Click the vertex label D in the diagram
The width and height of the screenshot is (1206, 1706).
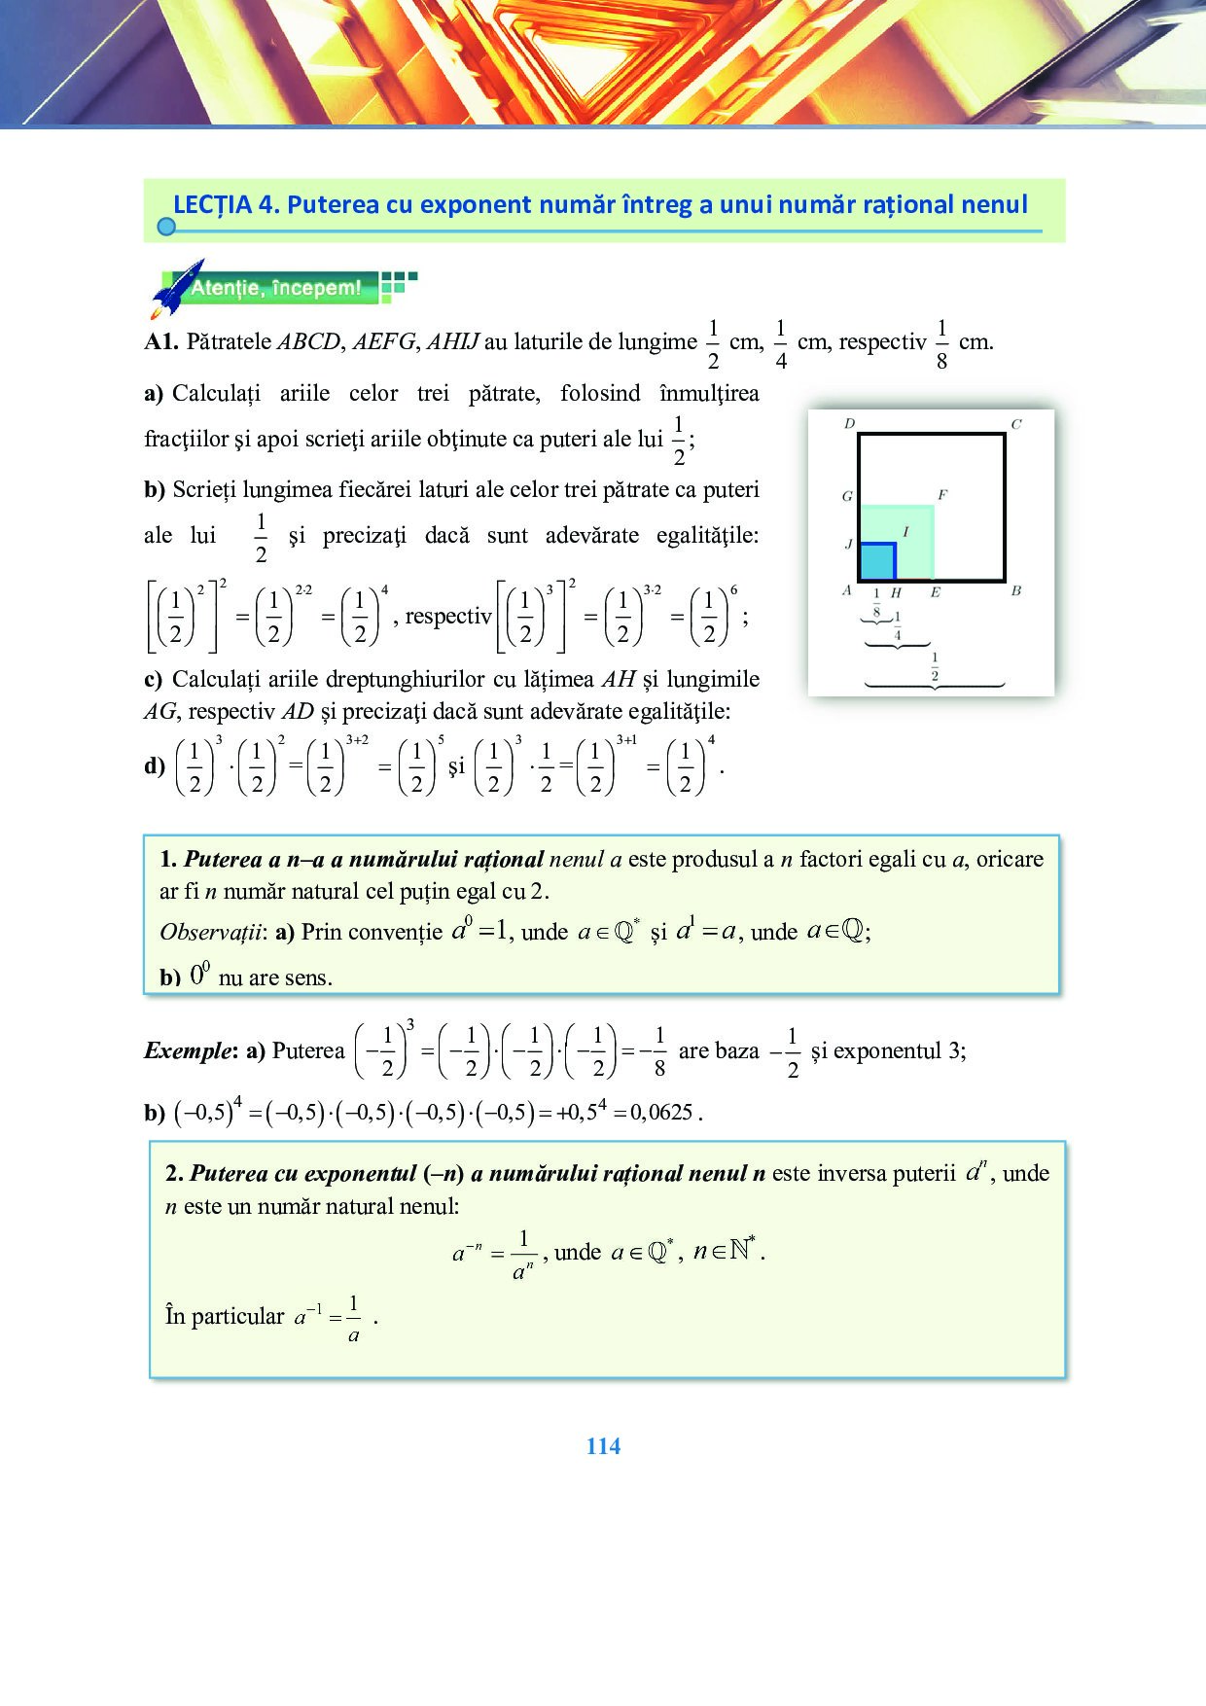849,424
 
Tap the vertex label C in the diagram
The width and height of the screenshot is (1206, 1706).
1016,424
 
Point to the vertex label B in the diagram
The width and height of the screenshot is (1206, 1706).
1016,590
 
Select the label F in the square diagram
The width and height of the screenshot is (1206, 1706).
941,495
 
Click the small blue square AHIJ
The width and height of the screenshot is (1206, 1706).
876,562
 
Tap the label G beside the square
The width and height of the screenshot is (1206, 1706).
847,496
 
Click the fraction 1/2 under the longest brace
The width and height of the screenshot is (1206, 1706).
935,667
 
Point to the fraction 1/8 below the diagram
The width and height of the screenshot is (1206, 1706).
876,603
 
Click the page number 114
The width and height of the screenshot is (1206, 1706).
603,1446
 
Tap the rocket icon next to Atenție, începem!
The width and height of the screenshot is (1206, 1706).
178,288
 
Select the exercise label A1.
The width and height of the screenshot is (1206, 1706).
160,342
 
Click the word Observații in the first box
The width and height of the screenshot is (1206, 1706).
213,932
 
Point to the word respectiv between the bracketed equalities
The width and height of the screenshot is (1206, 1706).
448,617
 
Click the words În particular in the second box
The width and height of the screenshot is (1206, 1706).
225,1316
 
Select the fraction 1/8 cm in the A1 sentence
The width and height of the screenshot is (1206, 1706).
941,343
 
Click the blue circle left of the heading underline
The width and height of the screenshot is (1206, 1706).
166,227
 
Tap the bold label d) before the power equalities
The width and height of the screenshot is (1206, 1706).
155,765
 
